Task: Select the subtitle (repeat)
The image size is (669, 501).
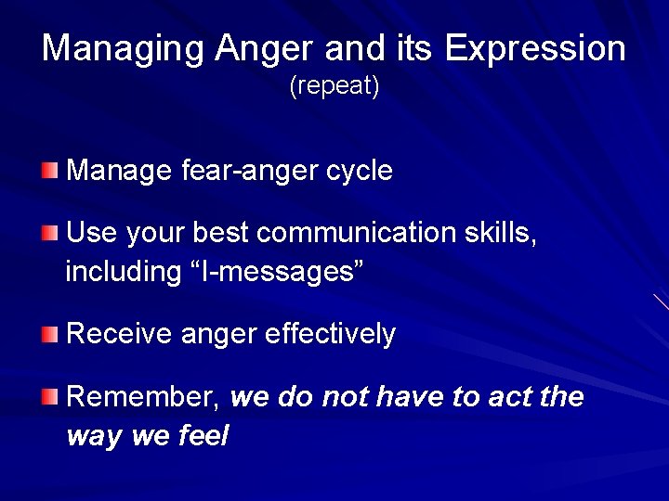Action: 334,87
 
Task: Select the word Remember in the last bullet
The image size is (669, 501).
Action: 142,397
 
